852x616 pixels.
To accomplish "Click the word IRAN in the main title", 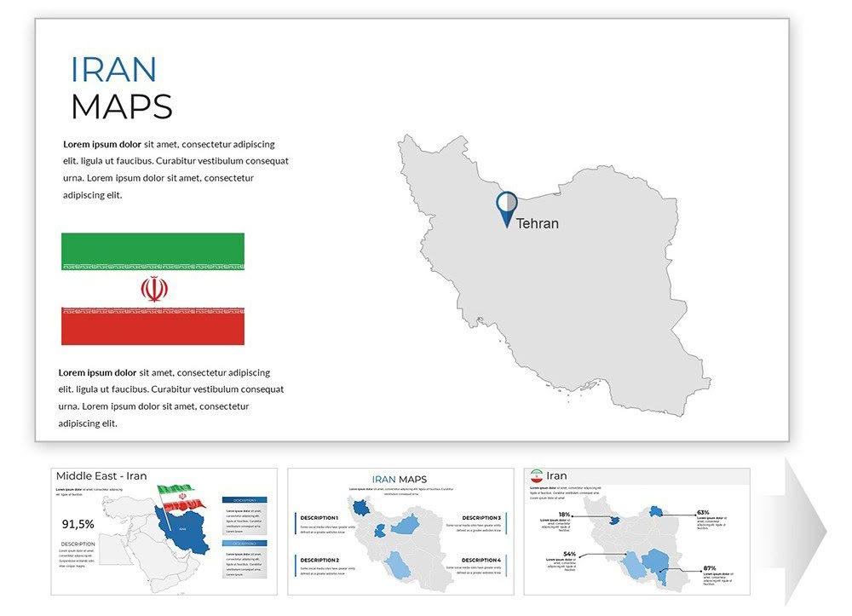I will [113, 70].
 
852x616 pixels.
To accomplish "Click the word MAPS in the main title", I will [121, 107].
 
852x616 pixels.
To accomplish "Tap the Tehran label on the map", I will [538, 223].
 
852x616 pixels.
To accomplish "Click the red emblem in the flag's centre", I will [154, 289].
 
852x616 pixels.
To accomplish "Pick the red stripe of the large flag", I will [153, 329].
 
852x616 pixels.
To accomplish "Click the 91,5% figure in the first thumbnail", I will [78, 524].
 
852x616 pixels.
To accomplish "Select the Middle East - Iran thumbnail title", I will [101, 476].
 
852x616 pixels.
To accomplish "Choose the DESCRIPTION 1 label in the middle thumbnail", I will [319, 518].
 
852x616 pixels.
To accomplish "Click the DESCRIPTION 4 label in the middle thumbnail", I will [481, 560].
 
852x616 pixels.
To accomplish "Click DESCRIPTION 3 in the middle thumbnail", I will [481, 518].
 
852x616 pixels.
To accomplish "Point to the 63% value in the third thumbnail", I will [703, 513].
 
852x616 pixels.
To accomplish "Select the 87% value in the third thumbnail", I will [709, 567].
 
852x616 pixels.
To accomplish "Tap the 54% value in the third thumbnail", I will [569, 554].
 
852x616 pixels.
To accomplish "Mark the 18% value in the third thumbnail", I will [564, 515].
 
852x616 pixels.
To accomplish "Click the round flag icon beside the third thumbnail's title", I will [537, 476].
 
